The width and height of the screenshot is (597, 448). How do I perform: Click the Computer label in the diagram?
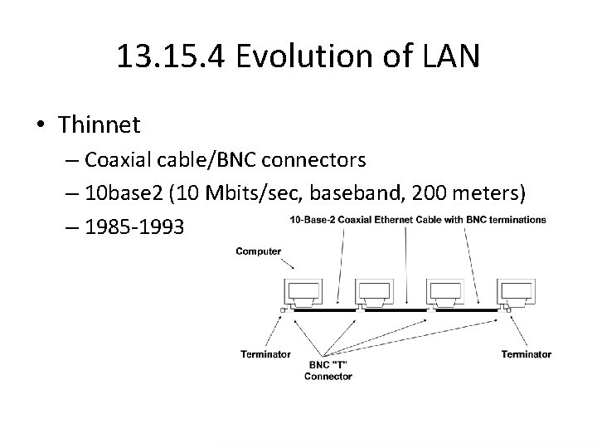259,251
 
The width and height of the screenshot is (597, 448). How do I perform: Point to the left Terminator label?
265,354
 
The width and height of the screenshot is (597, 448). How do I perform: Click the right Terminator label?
526,354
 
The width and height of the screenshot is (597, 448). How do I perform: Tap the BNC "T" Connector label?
328,370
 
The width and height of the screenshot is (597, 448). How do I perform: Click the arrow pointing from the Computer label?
286,265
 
